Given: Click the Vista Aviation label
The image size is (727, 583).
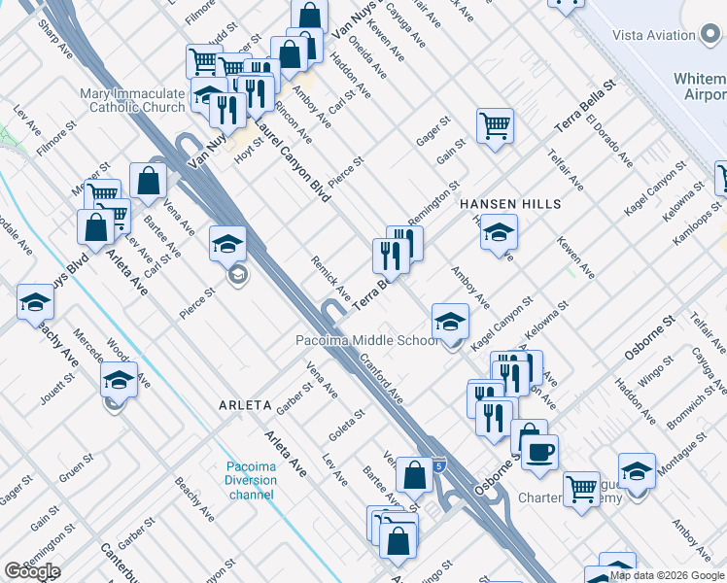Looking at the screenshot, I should pyautogui.click(x=653, y=35).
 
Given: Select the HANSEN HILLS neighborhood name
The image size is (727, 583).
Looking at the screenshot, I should pyautogui.click(x=510, y=203).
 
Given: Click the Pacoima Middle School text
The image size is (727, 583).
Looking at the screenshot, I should pyautogui.click(x=367, y=341).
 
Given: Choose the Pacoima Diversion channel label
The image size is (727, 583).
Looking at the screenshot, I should pyautogui.click(x=252, y=481).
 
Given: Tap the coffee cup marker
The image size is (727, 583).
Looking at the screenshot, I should pyautogui.click(x=539, y=451).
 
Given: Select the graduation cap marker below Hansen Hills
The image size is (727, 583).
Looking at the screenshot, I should pyautogui.click(x=499, y=232).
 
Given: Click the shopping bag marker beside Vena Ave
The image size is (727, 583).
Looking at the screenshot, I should pyautogui.click(x=148, y=180).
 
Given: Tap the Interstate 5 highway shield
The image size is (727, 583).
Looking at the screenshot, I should pyautogui.click(x=439, y=467).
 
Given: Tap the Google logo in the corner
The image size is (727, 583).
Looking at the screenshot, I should pyautogui.click(x=32, y=571).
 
